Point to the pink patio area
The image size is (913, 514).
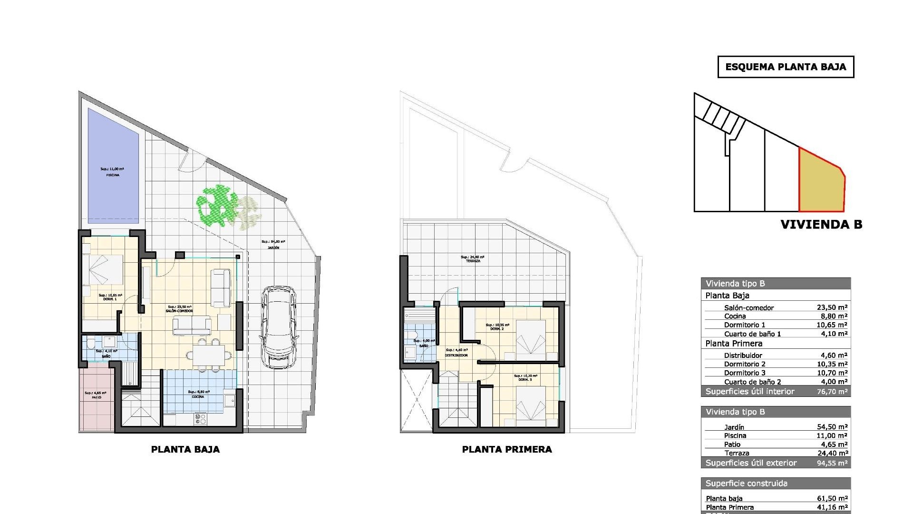(97, 400)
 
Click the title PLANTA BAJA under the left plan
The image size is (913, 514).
(185, 449)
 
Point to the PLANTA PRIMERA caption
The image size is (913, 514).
(507, 449)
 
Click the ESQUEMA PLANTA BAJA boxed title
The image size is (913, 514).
(786, 67)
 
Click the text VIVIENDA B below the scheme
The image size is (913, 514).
(821, 225)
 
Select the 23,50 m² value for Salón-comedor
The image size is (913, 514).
(832, 308)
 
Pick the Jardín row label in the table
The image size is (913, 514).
(734, 427)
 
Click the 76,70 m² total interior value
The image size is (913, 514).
(832, 392)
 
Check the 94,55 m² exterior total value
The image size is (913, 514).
(832, 463)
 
